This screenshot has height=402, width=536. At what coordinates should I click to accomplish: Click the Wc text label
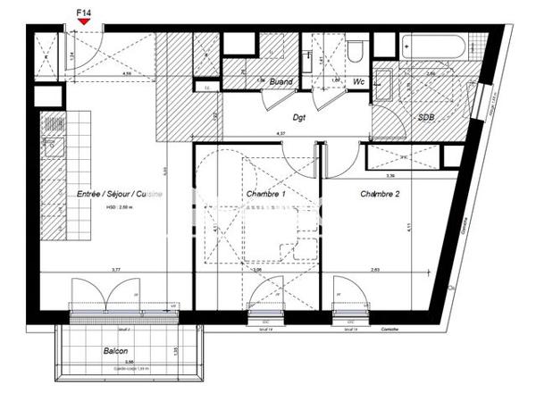point(360,80)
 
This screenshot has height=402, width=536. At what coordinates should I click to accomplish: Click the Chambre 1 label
point(265,194)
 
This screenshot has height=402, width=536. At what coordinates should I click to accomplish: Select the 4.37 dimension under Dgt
point(281,134)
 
